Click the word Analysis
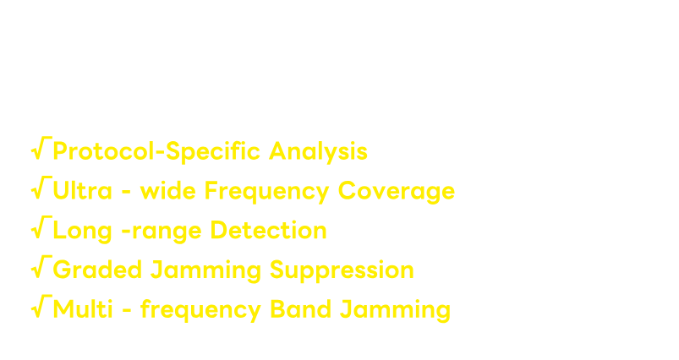click(x=318, y=151)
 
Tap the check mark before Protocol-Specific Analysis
click(x=41, y=149)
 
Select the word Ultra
click(x=82, y=190)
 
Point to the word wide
click(x=168, y=190)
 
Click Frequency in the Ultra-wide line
click(x=266, y=191)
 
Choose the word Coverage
click(x=397, y=191)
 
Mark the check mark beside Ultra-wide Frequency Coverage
click(x=41, y=188)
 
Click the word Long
click(x=82, y=231)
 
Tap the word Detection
click(x=269, y=230)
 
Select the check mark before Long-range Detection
click(x=41, y=227)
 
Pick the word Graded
click(x=97, y=269)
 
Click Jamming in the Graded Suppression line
click(x=205, y=271)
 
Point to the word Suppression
click(x=342, y=271)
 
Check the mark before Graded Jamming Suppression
click(x=41, y=267)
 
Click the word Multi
click(x=83, y=308)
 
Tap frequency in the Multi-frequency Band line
click(x=201, y=310)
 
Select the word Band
click(x=300, y=308)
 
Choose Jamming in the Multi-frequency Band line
click(x=396, y=310)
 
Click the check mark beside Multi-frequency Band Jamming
click(x=41, y=307)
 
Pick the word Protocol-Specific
click(x=156, y=151)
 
